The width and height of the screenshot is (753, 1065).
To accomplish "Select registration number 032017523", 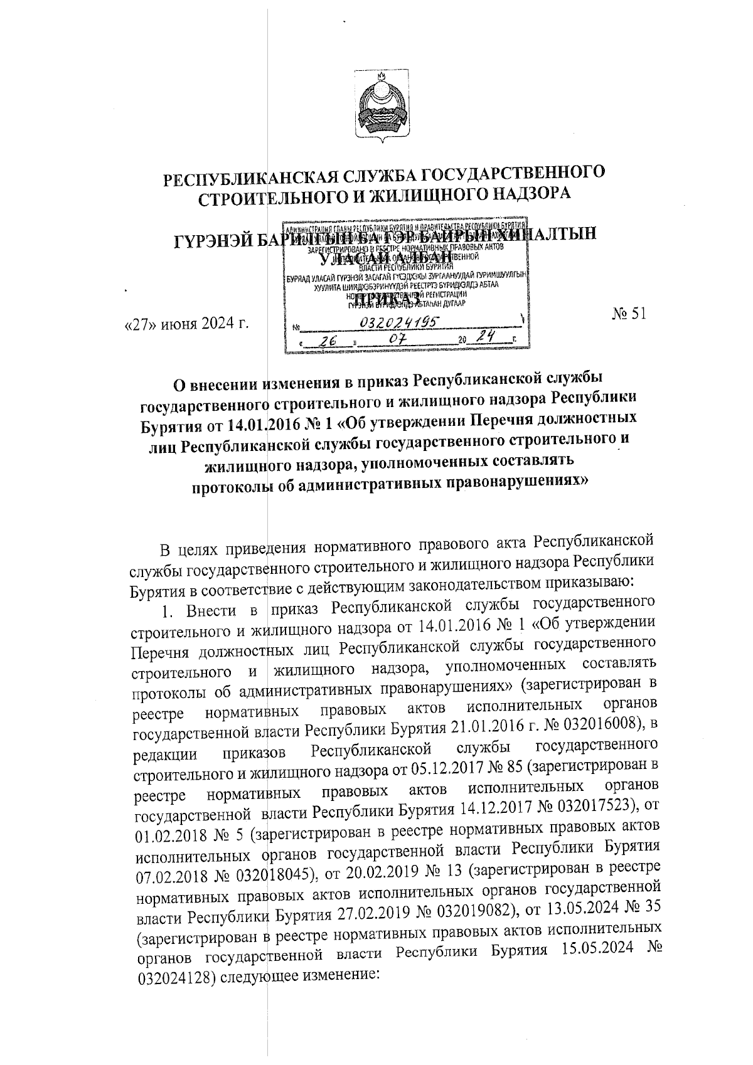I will point(596,805).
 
